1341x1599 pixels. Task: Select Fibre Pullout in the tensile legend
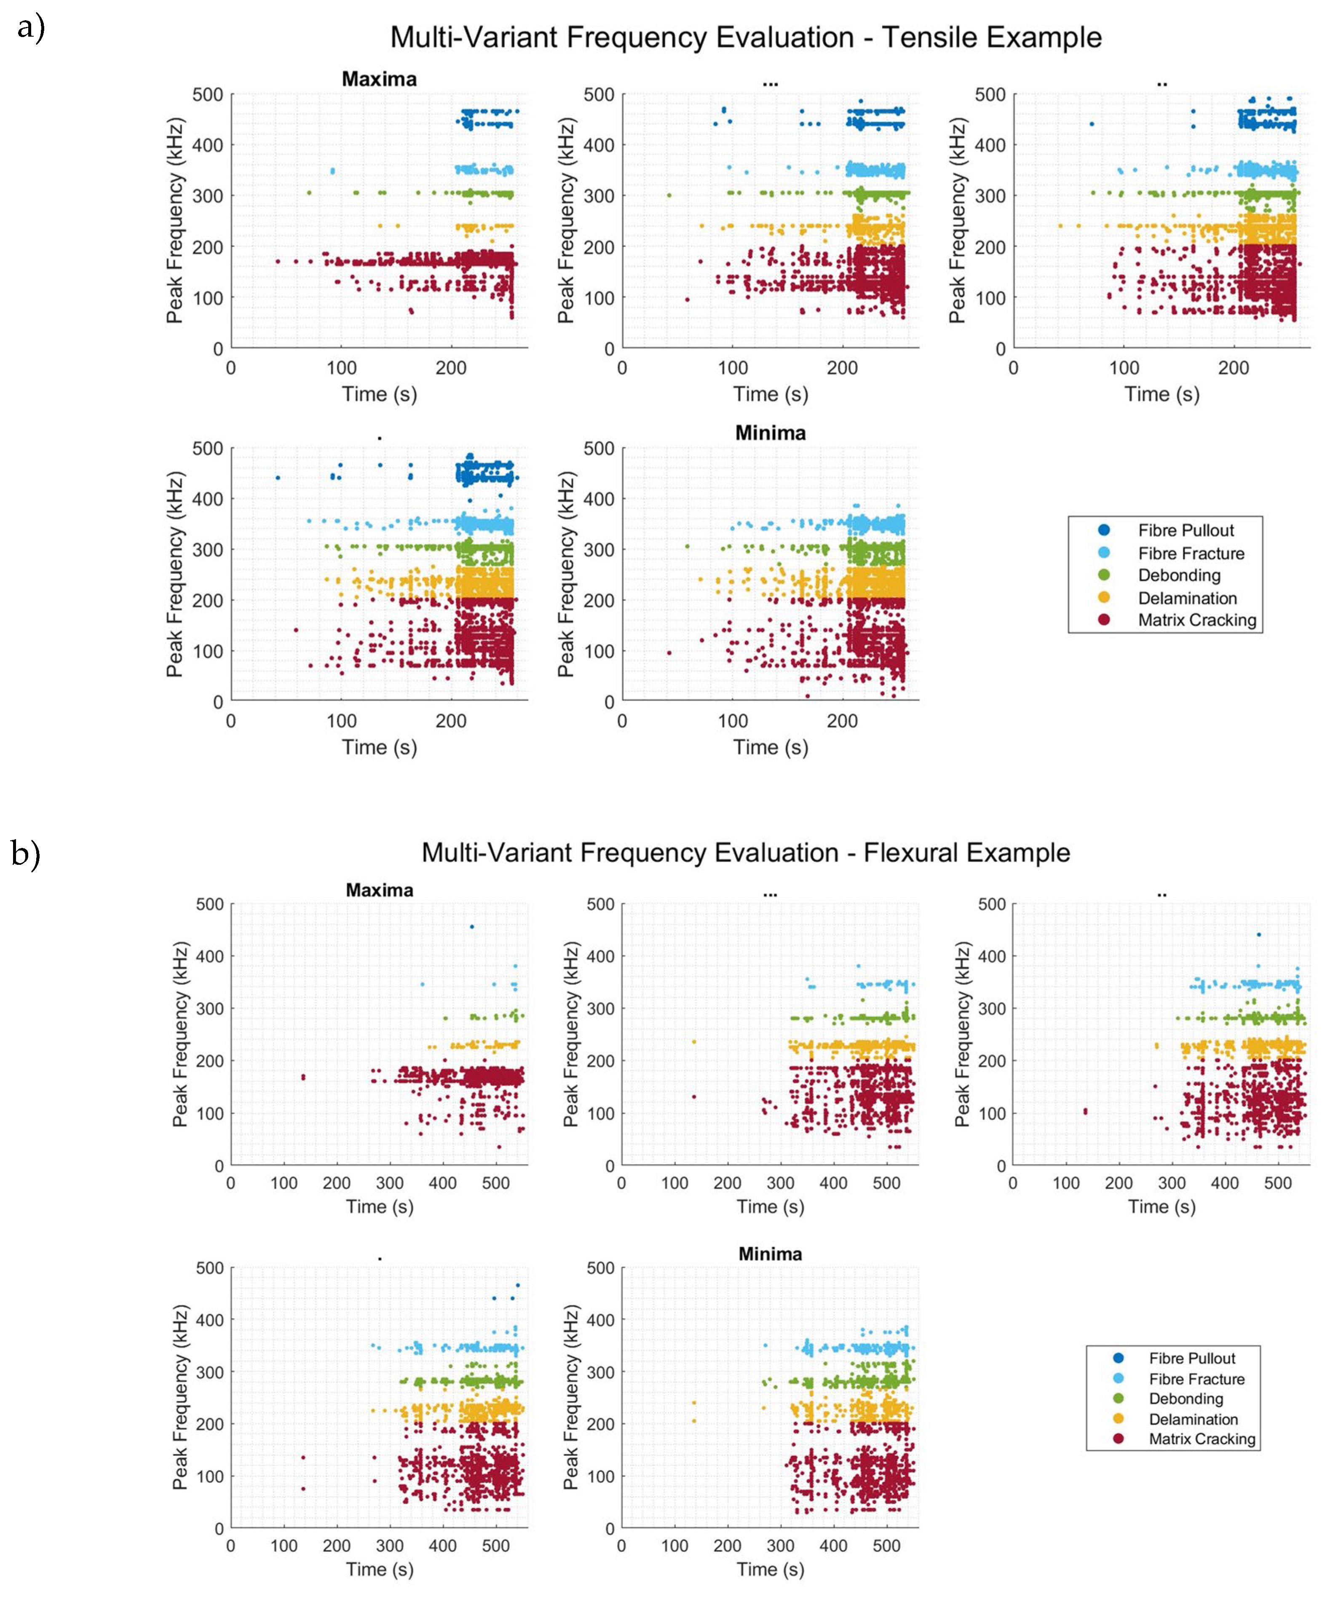click(1186, 530)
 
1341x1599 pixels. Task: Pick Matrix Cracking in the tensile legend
click(1196, 620)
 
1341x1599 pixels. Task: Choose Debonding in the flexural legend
click(1186, 1399)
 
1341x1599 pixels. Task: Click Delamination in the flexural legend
click(1193, 1419)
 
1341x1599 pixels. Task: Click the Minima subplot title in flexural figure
click(770, 1254)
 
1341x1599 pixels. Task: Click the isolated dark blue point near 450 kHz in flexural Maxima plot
click(471, 927)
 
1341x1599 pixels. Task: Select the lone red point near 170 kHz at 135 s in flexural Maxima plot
click(303, 1077)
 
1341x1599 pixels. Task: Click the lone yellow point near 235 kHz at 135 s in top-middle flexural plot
click(694, 1042)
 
